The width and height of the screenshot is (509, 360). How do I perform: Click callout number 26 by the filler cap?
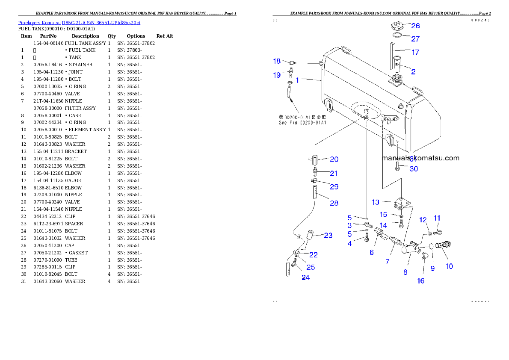click(x=415, y=26)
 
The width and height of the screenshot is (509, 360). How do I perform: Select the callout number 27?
click(x=415, y=39)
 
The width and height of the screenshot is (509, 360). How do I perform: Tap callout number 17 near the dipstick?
click(x=415, y=53)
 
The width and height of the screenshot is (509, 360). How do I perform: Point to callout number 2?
click(x=413, y=71)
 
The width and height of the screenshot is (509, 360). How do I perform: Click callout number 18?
click(x=277, y=61)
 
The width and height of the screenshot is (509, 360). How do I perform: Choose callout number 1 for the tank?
click(x=298, y=80)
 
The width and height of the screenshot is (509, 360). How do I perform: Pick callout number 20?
click(x=334, y=159)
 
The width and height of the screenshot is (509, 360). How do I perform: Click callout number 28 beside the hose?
click(x=334, y=203)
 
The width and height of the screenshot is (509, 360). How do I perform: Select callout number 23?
click(x=328, y=235)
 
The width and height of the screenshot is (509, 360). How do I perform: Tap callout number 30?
click(x=414, y=169)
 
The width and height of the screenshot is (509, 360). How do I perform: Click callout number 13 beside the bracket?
click(x=376, y=202)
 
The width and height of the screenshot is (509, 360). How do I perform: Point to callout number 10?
click(x=449, y=266)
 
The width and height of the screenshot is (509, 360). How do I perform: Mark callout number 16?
click(x=421, y=281)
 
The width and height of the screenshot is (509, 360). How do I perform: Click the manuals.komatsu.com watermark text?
click(x=420, y=158)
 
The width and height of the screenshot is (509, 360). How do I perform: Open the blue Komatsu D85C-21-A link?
click(x=79, y=22)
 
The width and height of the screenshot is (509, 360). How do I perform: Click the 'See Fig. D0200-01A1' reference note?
click(x=302, y=123)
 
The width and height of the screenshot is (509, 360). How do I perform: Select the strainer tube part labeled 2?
click(x=397, y=64)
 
